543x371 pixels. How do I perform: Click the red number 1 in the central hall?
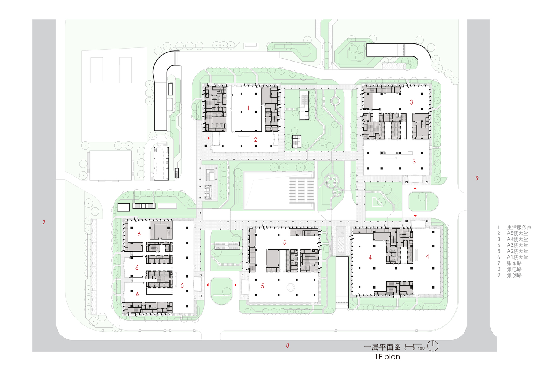(248, 108)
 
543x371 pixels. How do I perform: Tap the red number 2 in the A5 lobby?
(255, 139)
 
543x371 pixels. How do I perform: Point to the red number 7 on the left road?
(44, 223)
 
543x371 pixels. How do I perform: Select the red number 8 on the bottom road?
(288, 345)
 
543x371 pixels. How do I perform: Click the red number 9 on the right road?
(477, 178)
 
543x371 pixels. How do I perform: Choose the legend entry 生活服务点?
(519, 227)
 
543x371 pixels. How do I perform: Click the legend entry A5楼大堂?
(517, 233)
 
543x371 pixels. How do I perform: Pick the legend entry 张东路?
(514, 263)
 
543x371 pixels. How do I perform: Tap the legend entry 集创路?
(514, 275)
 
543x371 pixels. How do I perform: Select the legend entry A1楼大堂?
(517, 257)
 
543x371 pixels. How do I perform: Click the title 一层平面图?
(382, 347)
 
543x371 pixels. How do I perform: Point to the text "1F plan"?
(387, 357)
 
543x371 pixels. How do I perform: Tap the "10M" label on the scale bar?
(421, 349)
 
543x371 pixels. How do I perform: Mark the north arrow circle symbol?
(433, 346)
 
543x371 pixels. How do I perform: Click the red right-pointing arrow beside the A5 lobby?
(209, 138)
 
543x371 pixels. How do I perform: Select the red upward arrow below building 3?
(415, 188)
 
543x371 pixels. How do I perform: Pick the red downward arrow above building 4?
(415, 216)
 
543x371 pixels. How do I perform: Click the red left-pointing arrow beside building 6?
(208, 285)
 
